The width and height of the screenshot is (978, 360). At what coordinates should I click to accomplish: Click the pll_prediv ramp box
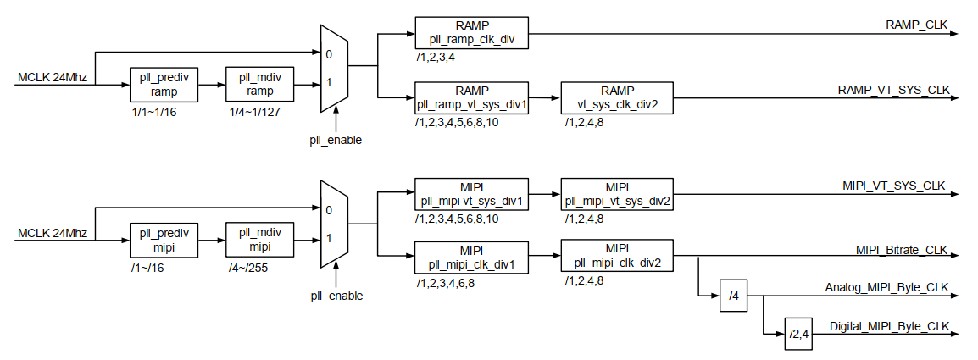pyautogui.click(x=164, y=85)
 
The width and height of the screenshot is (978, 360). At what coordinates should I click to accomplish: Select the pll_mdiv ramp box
pyautogui.click(x=260, y=85)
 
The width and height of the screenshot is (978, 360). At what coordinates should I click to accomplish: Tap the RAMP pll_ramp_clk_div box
pyautogui.click(x=472, y=32)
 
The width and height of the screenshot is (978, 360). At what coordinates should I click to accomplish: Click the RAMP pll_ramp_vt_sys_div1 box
pyautogui.click(x=472, y=99)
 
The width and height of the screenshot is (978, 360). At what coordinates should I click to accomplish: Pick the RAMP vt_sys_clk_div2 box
pyautogui.click(x=617, y=99)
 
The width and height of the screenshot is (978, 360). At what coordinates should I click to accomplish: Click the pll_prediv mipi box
pyautogui.click(x=164, y=240)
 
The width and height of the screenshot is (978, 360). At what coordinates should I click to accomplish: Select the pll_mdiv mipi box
pyautogui.click(x=260, y=240)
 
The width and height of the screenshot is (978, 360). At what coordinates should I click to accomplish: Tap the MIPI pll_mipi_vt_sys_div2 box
pyautogui.click(x=617, y=194)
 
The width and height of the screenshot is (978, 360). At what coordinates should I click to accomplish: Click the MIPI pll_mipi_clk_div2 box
pyautogui.click(x=617, y=256)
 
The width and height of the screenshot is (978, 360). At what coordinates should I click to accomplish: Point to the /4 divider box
pyautogui.click(x=734, y=296)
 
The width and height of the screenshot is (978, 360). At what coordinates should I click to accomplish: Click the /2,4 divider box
pyautogui.click(x=799, y=333)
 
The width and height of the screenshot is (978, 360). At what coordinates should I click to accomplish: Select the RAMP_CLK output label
pyautogui.click(x=917, y=25)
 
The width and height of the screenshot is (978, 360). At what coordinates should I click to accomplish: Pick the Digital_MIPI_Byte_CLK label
pyautogui.click(x=889, y=325)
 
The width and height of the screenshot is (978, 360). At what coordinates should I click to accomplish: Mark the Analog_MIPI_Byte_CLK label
pyautogui.click(x=887, y=288)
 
